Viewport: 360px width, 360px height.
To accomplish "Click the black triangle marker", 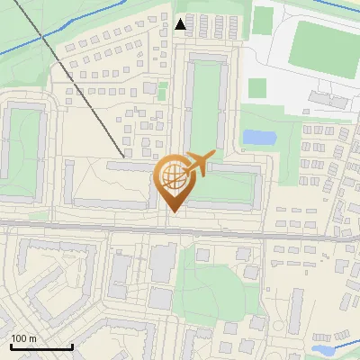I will click(182, 23).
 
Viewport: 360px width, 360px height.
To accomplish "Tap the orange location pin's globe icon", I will click(175, 178).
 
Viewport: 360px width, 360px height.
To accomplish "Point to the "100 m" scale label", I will click(24, 339).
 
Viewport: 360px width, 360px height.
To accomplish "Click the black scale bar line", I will click(41, 347).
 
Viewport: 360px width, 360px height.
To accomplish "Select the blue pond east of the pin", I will click(259, 138).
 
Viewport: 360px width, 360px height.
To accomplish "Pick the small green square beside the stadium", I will click(257, 88).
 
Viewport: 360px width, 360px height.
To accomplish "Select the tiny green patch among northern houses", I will click(162, 92).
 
